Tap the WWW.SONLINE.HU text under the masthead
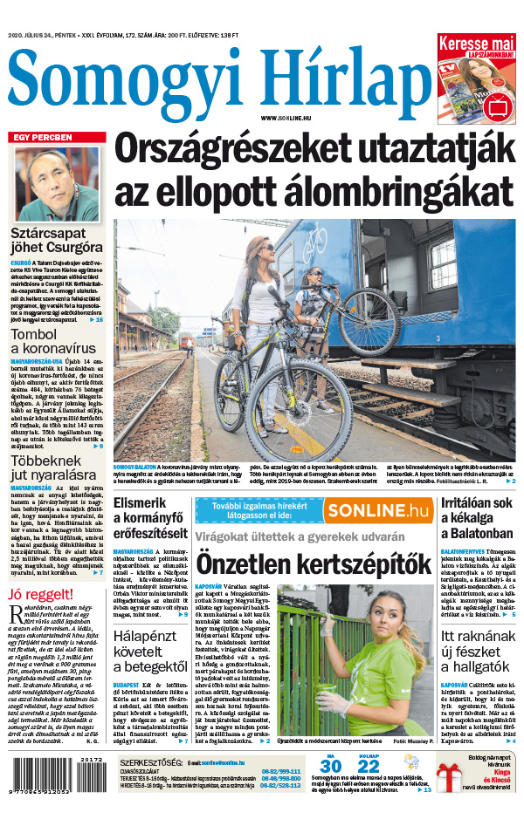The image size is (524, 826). (286, 117)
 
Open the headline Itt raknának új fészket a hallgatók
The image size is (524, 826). (478, 652)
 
